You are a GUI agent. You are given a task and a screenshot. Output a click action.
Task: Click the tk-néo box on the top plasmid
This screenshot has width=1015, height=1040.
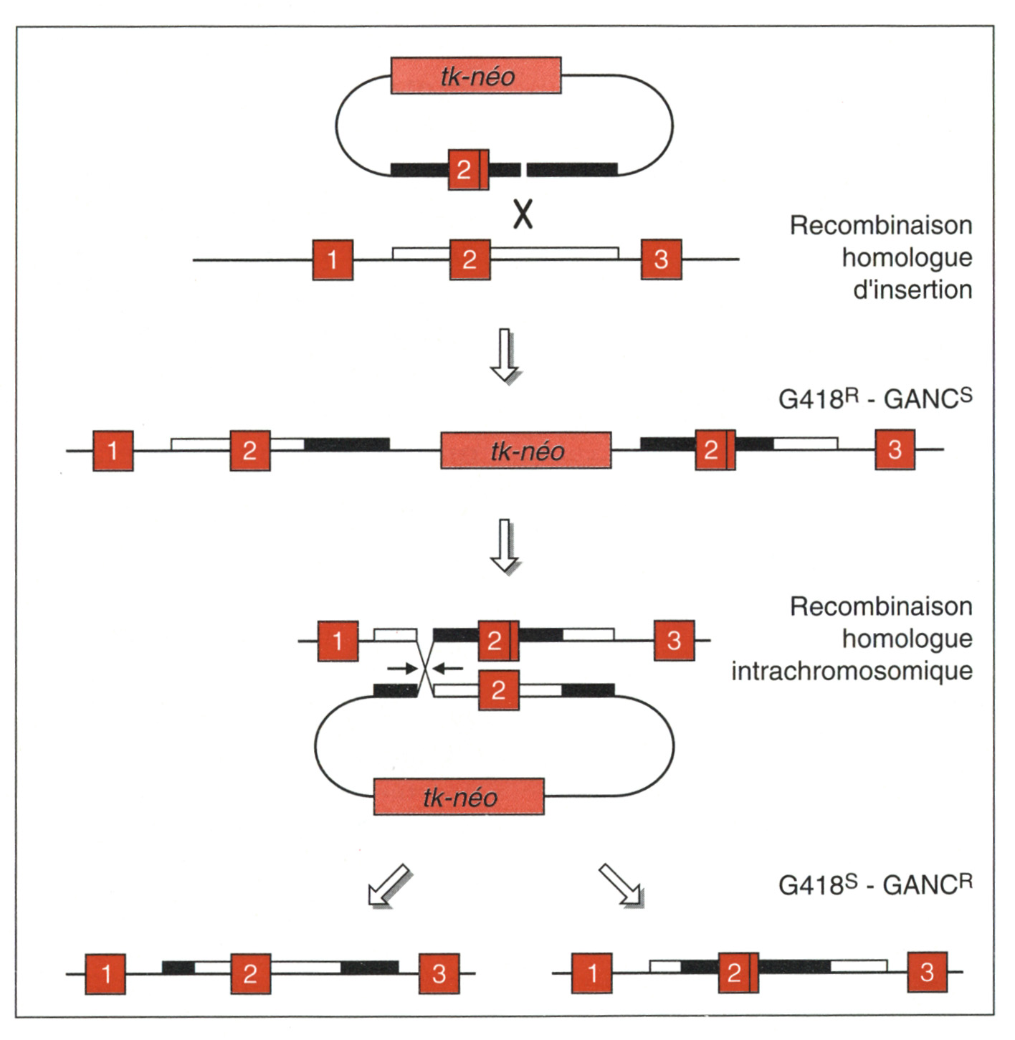pos(476,76)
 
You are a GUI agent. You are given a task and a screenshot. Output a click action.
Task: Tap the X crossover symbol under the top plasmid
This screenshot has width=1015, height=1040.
pos(523,214)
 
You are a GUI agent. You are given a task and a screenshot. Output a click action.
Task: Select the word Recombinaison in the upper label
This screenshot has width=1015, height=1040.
pos(881,225)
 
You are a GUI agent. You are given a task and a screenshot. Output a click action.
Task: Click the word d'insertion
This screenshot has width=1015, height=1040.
pos(912,290)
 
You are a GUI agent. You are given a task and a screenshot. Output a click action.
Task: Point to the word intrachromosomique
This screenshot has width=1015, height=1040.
pos(852,671)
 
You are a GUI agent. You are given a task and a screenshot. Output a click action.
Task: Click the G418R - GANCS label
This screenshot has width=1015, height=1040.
pos(875,398)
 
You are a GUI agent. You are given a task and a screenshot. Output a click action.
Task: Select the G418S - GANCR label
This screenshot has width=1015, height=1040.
pos(875,884)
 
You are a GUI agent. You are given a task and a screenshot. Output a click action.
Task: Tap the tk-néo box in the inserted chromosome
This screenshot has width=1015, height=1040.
pos(526,451)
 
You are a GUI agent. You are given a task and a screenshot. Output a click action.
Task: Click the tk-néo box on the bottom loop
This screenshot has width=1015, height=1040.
pos(459,797)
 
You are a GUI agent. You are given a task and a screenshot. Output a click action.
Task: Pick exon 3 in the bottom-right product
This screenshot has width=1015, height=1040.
pos(927,972)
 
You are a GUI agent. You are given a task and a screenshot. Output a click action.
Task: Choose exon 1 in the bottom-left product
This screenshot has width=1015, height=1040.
pos(105,973)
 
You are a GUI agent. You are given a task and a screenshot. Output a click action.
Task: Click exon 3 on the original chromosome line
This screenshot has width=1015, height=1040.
pos(661,259)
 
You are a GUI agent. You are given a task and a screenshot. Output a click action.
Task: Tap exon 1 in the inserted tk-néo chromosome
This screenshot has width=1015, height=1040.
pos(113,450)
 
